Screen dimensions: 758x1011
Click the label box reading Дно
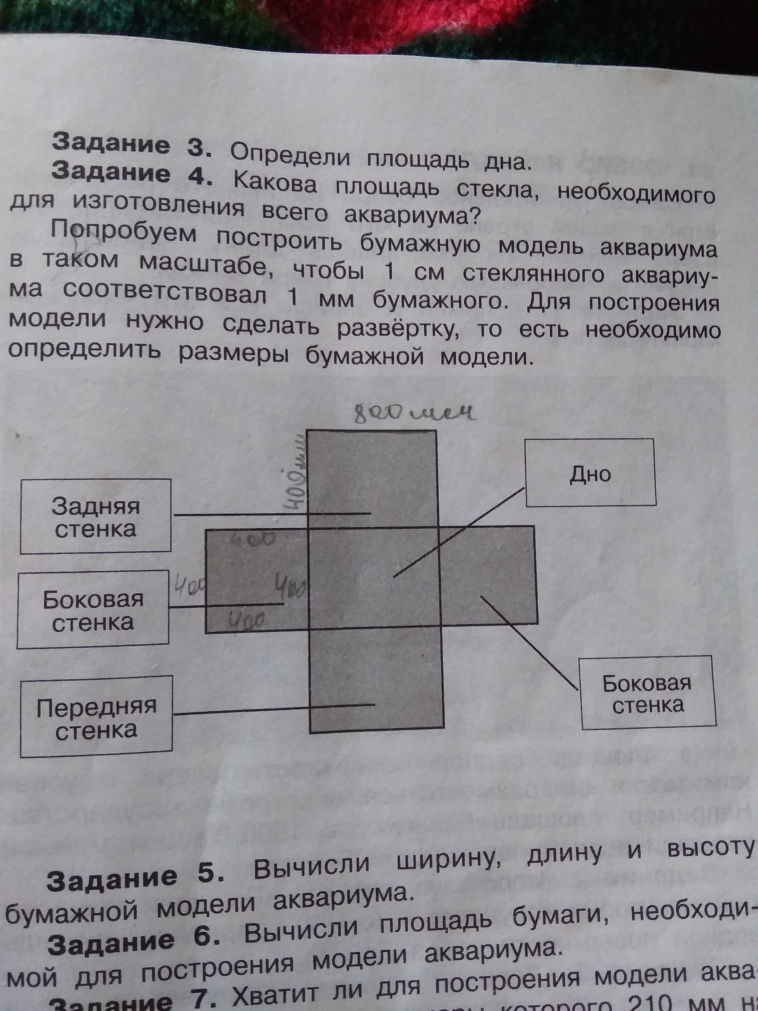click(590, 473)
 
